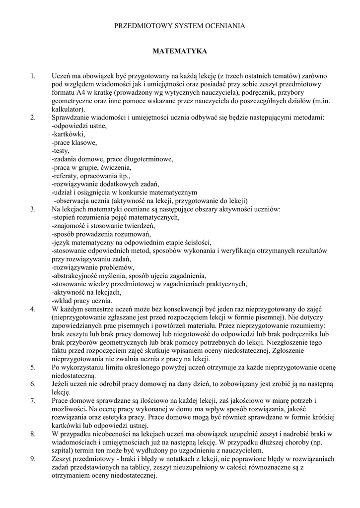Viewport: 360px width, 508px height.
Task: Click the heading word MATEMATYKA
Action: pos(179,51)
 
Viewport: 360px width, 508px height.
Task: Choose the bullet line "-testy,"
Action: pos(61,151)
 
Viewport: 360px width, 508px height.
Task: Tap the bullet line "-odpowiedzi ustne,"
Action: pos(79,126)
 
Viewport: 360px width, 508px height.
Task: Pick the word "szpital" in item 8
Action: pos(62,450)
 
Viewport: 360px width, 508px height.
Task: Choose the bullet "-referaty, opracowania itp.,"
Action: pos(91,176)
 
